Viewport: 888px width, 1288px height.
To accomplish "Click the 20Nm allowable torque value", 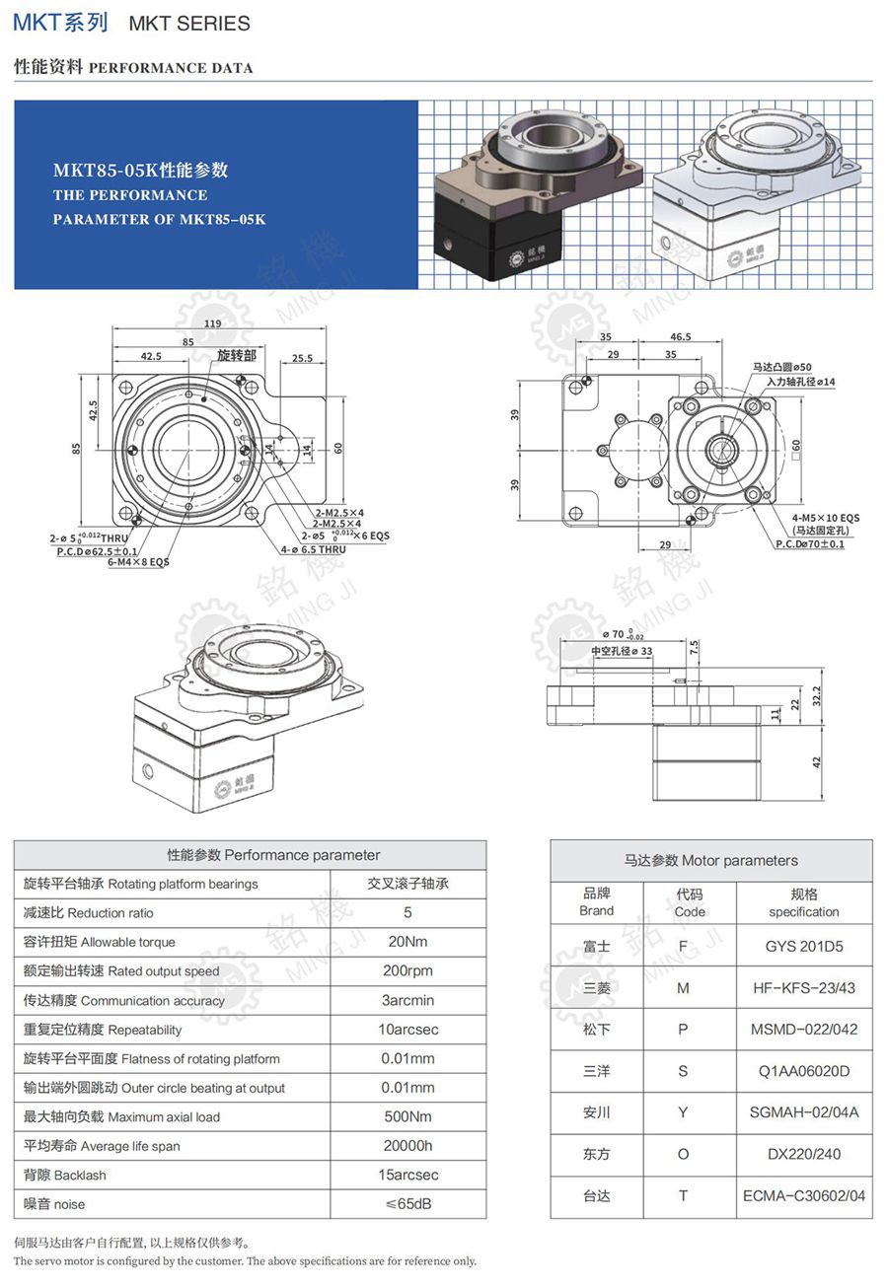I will pyautogui.click(x=407, y=942).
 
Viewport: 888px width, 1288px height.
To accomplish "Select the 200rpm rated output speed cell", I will pyautogui.click(x=407, y=970).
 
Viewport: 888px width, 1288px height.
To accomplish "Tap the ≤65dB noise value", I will pyautogui.click(x=407, y=1204).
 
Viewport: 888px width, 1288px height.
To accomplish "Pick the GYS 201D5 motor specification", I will pyautogui.click(x=804, y=946).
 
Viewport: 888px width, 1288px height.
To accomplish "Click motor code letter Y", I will pyautogui.click(x=683, y=1112).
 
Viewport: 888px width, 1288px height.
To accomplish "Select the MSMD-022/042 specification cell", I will pyautogui.click(x=804, y=1030).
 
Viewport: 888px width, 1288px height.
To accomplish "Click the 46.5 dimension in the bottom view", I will pyautogui.click(x=680, y=337).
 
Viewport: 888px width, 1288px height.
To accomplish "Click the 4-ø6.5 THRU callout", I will pyautogui.click(x=313, y=549).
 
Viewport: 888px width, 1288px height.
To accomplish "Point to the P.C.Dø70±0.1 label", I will pyautogui.click(x=810, y=544).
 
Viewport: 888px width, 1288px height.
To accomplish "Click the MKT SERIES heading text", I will pyautogui.click(x=189, y=23).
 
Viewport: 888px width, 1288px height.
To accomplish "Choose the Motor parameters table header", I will pyautogui.click(x=711, y=860).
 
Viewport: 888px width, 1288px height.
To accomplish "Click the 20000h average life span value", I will pyautogui.click(x=407, y=1146).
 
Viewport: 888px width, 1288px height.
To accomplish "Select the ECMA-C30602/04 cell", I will pyautogui.click(x=804, y=1196).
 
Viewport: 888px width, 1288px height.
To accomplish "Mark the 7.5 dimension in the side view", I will pyautogui.click(x=695, y=647).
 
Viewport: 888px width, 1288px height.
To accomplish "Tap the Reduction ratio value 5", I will pyautogui.click(x=407, y=912).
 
